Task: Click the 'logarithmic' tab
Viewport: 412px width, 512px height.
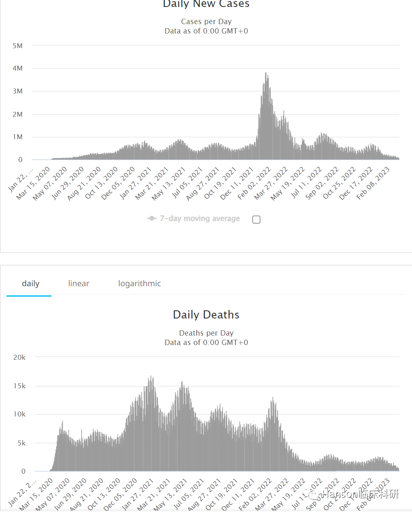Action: pyautogui.click(x=139, y=283)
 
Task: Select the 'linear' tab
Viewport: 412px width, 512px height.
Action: pyautogui.click(x=78, y=283)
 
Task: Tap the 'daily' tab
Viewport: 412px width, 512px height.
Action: pyautogui.click(x=31, y=283)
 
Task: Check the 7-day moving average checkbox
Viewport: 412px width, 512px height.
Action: pyautogui.click(x=256, y=220)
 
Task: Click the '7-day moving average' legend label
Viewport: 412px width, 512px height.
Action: pyautogui.click(x=199, y=218)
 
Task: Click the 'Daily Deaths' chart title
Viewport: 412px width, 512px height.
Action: pyautogui.click(x=206, y=314)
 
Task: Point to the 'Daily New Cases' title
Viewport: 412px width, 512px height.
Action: pyautogui.click(x=206, y=4)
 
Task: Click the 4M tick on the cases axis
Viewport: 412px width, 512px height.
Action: pyautogui.click(x=18, y=68)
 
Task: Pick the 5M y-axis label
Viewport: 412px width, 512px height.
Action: pyautogui.click(x=18, y=46)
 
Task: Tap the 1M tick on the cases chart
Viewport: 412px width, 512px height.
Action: pyautogui.click(x=18, y=137)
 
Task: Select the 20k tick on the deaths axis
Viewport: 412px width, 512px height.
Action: pyautogui.click(x=19, y=357)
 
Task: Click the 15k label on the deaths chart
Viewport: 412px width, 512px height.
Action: pyautogui.click(x=19, y=386)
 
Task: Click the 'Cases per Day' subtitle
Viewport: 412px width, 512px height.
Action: pyautogui.click(x=206, y=21)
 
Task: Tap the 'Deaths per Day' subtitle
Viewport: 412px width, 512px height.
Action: pyautogui.click(x=206, y=333)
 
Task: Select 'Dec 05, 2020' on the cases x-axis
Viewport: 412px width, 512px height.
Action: pyautogui.click(x=118, y=183)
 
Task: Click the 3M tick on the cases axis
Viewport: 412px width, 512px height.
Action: pyautogui.click(x=18, y=91)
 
